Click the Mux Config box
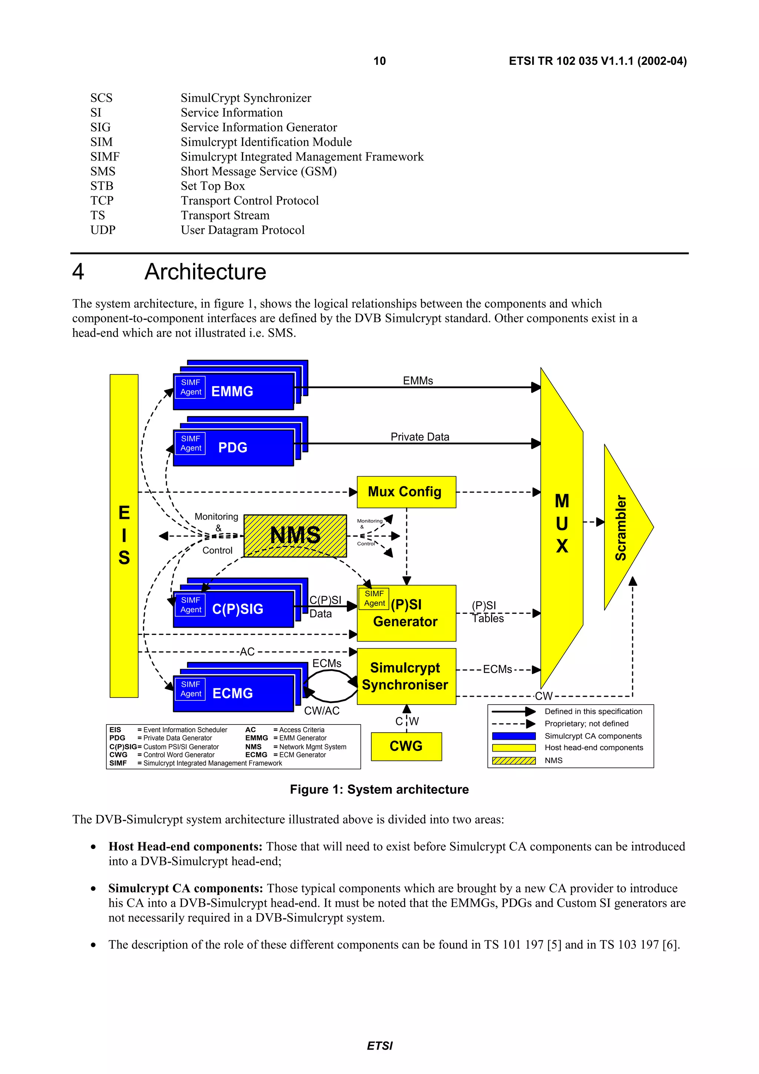click(x=406, y=492)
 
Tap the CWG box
click(x=406, y=746)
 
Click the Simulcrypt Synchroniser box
click(x=406, y=676)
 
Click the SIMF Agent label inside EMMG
click(x=190, y=387)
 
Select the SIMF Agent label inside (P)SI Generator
click(x=374, y=599)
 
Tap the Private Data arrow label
click(x=420, y=437)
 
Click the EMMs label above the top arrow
click(x=418, y=381)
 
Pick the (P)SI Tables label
click(x=487, y=612)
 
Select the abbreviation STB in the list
click(x=102, y=186)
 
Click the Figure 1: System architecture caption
click(x=379, y=790)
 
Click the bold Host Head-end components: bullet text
click(x=185, y=847)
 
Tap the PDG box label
click(x=232, y=448)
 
